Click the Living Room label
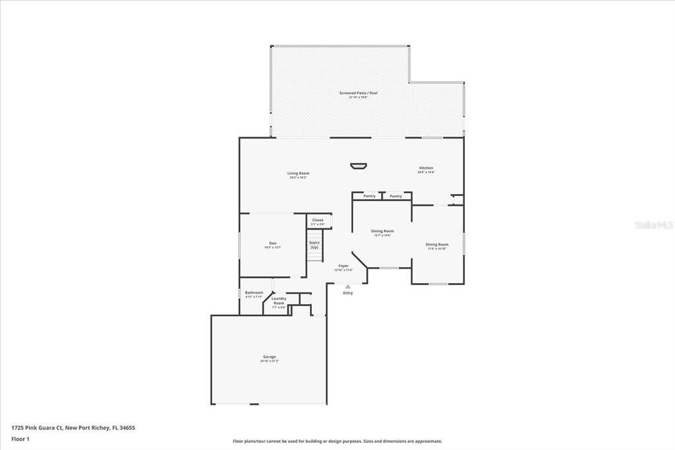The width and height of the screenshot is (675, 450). click(298, 174)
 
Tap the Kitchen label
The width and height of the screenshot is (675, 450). click(426, 168)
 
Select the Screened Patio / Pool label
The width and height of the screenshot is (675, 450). click(358, 94)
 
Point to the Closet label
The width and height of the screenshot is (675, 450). click(318, 220)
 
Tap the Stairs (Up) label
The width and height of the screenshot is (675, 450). click(314, 245)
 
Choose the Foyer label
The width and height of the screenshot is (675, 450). click(343, 265)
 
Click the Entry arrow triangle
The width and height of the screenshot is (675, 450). click(347, 286)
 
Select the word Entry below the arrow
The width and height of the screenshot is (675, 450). click(347, 293)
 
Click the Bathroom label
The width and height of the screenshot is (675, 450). click(254, 293)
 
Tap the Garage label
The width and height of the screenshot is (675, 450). click(269, 357)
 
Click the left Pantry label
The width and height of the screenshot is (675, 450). click(369, 196)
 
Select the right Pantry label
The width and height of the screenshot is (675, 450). click(396, 196)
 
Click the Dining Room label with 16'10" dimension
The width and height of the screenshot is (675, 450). click(436, 245)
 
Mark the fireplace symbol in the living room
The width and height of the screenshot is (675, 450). click(359, 165)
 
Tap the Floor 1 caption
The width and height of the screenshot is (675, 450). click(20, 439)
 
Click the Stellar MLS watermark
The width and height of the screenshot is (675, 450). click(653, 225)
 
